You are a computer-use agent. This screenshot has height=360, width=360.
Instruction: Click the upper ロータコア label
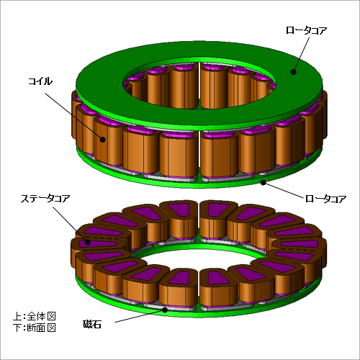click(306, 30)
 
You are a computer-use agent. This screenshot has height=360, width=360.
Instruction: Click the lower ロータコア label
click(325, 199)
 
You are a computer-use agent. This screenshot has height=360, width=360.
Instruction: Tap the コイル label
click(40, 81)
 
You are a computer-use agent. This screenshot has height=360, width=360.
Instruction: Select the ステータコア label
click(45, 199)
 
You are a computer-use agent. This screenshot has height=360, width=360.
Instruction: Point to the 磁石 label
click(92, 324)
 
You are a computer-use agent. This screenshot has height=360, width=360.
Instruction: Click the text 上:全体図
click(35, 316)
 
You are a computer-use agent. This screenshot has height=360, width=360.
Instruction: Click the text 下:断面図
click(35, 328)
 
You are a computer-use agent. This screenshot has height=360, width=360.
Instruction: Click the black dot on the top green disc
click(293, 72)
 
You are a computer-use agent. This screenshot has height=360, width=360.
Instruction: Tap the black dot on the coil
click(103, 140)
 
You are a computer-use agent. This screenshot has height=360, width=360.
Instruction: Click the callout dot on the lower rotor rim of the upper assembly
click(264, 183)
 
